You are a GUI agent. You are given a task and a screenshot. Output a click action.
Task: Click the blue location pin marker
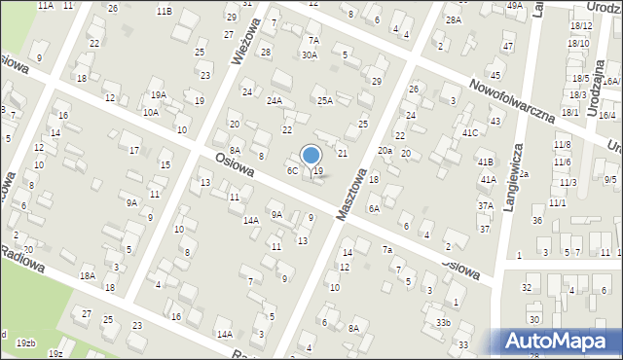point(311,156)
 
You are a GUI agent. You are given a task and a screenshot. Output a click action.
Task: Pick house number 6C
point(291,171)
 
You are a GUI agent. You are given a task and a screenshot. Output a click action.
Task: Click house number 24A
point(275,100)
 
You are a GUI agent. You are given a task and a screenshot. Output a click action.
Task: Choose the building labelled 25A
point(325,100)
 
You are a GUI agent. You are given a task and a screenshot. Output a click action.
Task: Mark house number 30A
point(309,55)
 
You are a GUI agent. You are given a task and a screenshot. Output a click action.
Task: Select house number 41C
point(470,132)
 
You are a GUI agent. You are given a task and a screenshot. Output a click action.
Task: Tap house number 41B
point(486,162)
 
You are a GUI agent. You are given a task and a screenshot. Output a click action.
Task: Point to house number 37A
point(485,206)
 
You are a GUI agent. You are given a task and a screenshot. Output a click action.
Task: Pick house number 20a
point(385,150)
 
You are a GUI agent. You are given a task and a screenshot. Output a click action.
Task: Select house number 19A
point(158,95)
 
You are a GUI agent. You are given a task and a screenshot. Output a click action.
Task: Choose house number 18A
point(88,276)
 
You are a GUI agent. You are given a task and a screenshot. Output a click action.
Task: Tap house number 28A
point(453,19)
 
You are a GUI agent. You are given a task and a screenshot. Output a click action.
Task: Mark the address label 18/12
point(581,26)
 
